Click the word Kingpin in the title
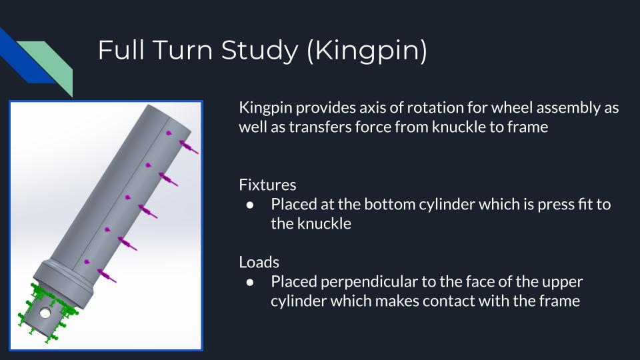(367, 51)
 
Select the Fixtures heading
(267, 185)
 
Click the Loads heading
(259, 263)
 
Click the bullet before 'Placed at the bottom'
(250, 205)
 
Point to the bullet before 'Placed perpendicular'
(250, 282)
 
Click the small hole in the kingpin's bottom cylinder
(45, 313)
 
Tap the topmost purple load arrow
(189, 147)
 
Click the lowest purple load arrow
(107, 276)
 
